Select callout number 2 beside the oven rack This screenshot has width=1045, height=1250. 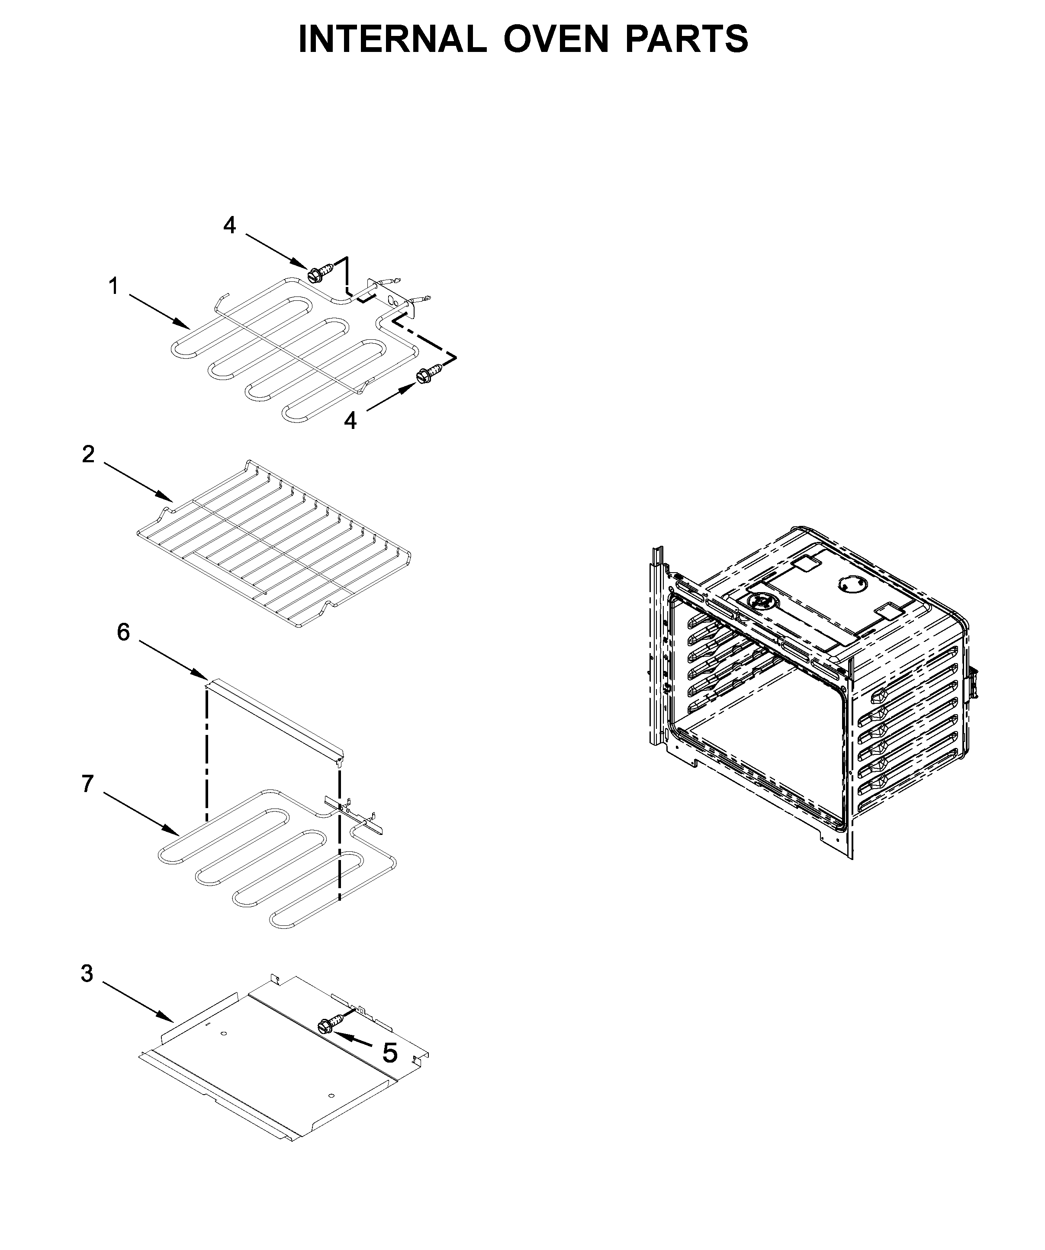point(88,455)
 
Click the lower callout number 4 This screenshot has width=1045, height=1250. point(350,421)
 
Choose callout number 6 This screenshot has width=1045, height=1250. point(123,632)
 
